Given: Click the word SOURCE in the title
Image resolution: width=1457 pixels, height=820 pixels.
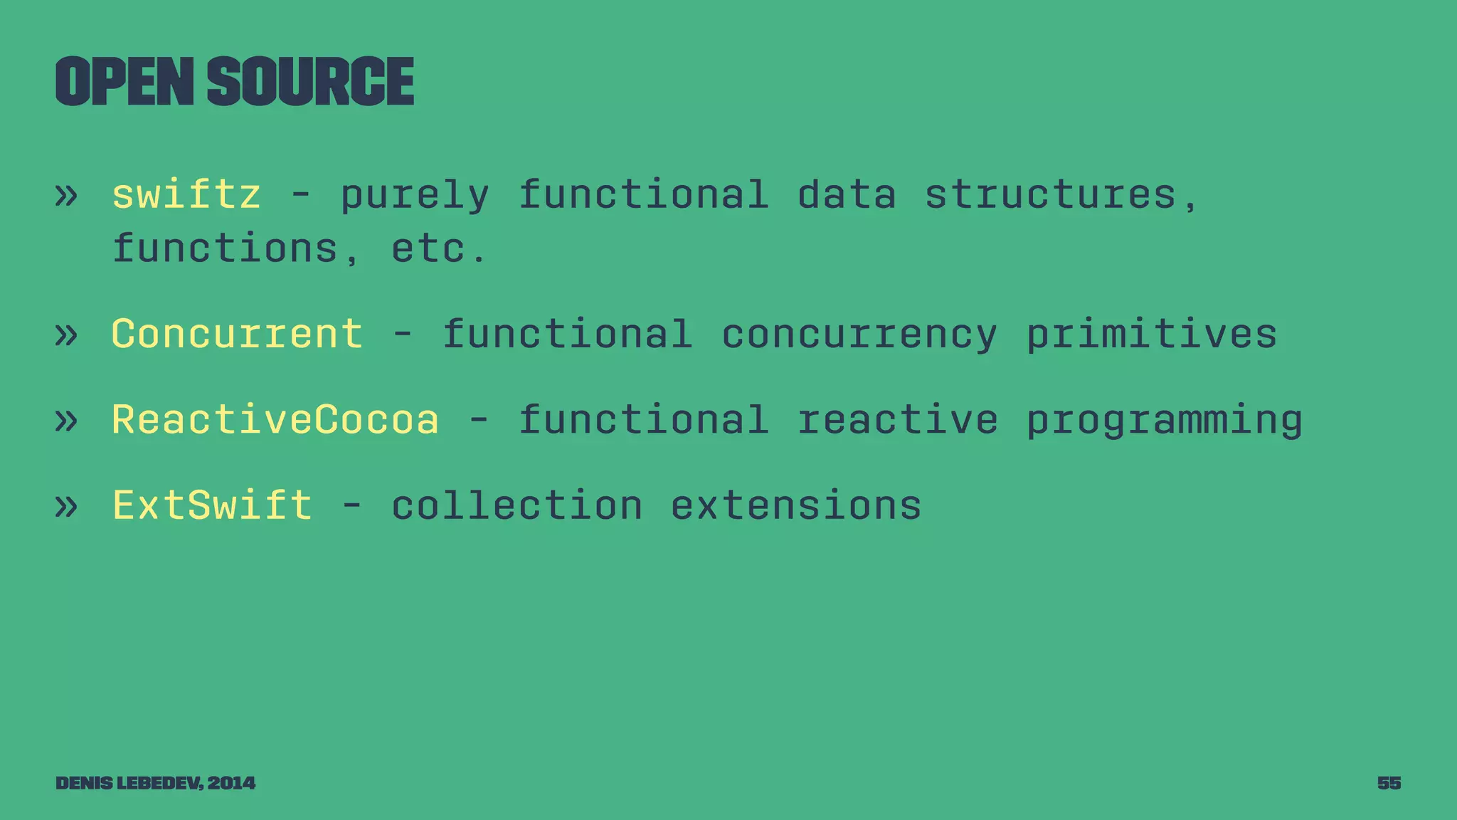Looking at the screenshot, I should tap(311, 82).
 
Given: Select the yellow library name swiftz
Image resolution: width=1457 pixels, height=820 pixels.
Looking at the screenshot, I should tap(186, 194).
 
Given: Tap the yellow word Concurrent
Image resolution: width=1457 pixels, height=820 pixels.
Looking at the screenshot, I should tap(237, 334).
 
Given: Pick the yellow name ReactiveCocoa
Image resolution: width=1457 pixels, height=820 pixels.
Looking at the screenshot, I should tap(275, 419).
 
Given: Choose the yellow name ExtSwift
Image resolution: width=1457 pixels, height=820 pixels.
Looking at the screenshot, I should tap(212, 505).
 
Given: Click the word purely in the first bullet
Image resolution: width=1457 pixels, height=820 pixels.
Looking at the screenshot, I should tap(415, 196).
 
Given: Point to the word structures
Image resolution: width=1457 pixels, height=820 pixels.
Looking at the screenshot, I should tap(1050, 194).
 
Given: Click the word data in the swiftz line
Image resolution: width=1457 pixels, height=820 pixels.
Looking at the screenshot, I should tap(846, 194).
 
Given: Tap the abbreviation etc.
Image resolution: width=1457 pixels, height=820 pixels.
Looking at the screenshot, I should tap(439, 248).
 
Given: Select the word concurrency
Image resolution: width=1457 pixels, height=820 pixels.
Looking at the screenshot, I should tap(859, 335).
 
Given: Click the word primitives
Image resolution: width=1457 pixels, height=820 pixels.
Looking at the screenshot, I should tap(1151, 334).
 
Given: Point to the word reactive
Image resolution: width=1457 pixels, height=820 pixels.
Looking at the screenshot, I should tap(897, 419).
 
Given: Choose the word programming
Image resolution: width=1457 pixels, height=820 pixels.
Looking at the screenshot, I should tap(1164, 421).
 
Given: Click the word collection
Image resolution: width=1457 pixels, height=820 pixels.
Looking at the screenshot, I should tap(516, 505).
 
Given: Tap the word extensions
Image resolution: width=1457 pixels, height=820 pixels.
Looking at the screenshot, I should tap(795, 505).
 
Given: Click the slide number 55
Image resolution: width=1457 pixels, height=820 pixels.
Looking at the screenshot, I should tap(1389, 783).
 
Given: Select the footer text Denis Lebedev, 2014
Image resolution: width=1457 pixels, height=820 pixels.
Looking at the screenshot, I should tap(155, 783).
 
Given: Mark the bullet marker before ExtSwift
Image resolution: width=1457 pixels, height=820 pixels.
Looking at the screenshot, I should tap(65, 507).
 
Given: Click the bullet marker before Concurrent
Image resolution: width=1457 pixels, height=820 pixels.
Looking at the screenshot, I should tap(65, 335).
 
